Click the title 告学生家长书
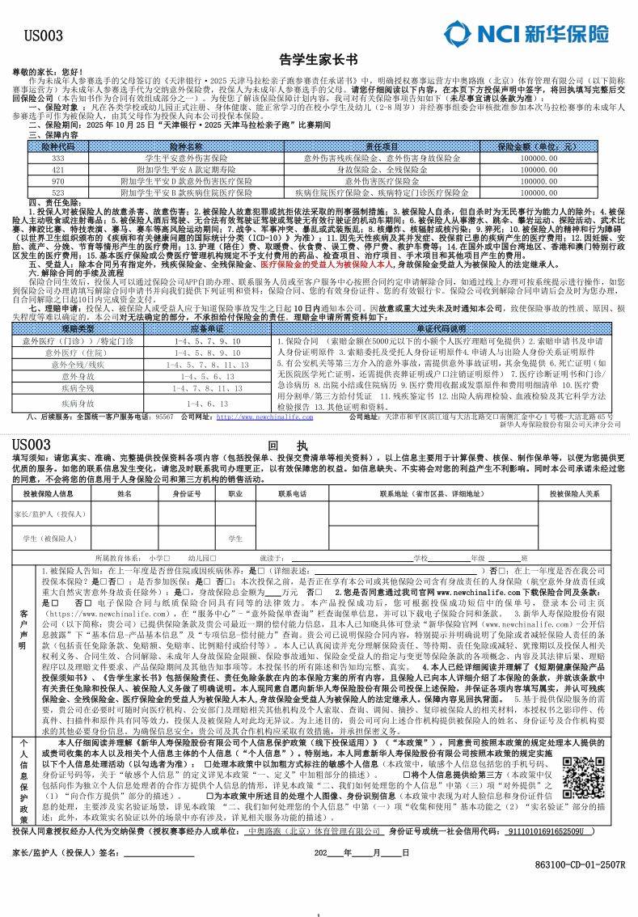coord(318,60)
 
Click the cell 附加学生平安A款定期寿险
coord(187,171)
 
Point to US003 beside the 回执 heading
coord(32,446)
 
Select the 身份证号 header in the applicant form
coord(187,493)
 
